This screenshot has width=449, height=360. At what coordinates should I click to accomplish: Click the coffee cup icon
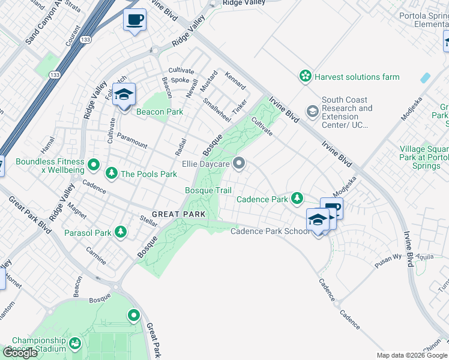point(134,20)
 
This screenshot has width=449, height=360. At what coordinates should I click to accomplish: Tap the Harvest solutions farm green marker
point(306,76)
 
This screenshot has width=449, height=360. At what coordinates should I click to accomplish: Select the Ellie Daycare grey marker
point(240,163)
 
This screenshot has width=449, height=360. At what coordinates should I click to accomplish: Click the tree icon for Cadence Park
point(297,198)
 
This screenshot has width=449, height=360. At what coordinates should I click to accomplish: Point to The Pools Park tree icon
point(111,173)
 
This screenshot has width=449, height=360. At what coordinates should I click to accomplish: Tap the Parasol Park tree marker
point(121,232)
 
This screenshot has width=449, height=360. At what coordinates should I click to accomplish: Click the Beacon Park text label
point(158,112)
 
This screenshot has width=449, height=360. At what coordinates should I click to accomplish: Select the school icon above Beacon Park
point(124,95)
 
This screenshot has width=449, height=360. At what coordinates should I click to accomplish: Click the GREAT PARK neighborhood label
point(179,214)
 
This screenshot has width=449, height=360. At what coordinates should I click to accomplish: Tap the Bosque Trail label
point(208,191)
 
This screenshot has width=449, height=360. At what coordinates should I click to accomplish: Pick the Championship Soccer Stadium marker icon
point(75,344)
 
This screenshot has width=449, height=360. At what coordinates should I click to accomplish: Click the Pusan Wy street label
point(388,257)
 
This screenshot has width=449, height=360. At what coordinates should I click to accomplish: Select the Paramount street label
point(132,140)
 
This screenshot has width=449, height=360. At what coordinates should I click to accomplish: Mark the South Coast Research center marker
point(312,112)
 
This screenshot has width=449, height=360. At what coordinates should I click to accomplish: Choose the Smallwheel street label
point(217,110)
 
